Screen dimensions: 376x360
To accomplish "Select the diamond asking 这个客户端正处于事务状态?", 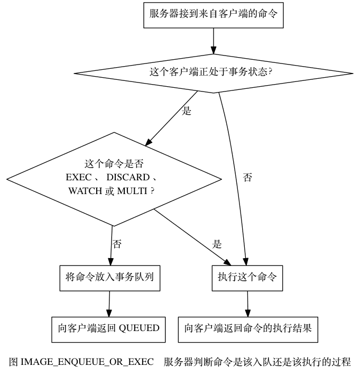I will (x=214, y=71).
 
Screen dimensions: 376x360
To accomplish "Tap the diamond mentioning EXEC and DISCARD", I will (x=113, y=178).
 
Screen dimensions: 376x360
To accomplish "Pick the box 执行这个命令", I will (x=247, y=276).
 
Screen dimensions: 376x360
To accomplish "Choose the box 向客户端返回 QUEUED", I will (x=108, y=328).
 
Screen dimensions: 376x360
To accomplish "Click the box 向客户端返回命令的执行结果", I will (x=248, y=328).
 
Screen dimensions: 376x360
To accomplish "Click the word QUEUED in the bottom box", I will (x=139, y=328).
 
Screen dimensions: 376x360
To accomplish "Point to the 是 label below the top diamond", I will (x=187, y=112).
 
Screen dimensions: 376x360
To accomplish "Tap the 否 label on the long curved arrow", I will (x=247, y=178).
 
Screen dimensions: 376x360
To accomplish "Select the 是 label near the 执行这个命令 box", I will (x=217, y=244).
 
